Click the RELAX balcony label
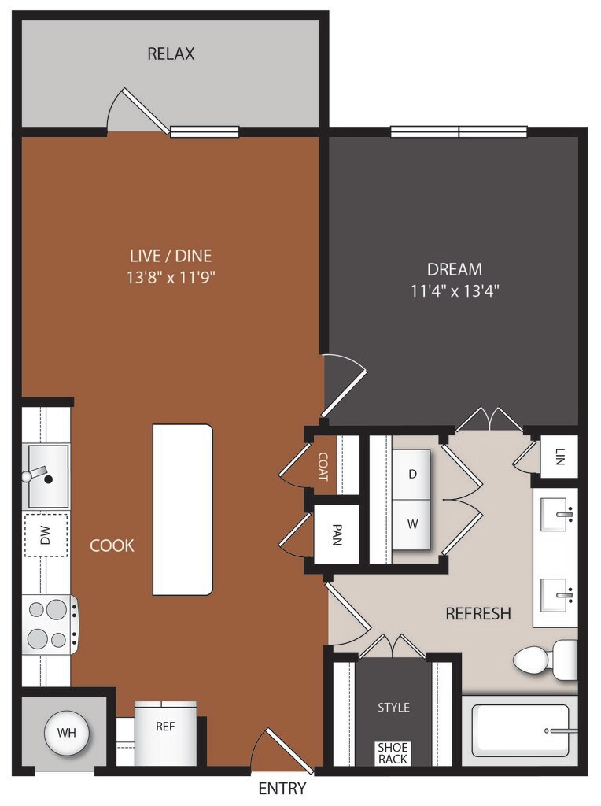pyautogui.click(x=171, y=54)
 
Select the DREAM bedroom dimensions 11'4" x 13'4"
pyautogui.click(x=455, y=290)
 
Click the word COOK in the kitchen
pyautogui.click(x=112, y=545)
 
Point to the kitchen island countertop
pyautogui.click(x=183, y=509)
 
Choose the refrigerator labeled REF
pyautogui.click(x=165, y=727)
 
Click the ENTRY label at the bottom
pyautogui.click(x=282, y=789)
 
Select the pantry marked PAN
pyautogui.click(x=336, y=535)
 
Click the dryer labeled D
pyautogui.click(x=412, y=474)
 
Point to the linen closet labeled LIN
pyautogui.click(x=559, y=457)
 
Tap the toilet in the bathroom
pyautogui.click(x=544, y=660)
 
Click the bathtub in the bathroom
pyautogui.click(x=520, y=730)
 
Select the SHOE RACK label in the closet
pyautogui.click(x=393, y=753)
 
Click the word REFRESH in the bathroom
pyautogui.click(x=478, y=613)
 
